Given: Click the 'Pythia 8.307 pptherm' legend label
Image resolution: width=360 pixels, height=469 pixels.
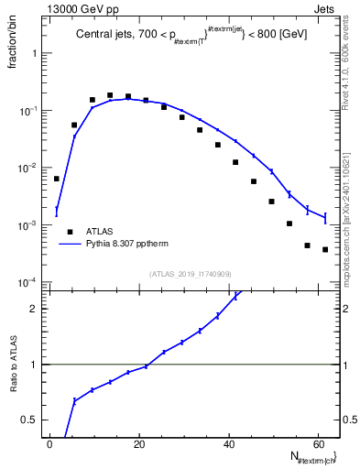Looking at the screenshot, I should (x=126, y=245).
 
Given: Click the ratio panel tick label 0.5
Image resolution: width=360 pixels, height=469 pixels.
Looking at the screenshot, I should (x=28, y=420).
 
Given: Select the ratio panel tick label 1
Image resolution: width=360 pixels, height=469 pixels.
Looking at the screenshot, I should (x=34, y=365).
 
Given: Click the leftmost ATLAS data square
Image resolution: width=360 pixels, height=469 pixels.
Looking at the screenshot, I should (x=57, y=179).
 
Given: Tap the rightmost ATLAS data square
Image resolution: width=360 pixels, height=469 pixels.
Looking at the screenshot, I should (x=325, y=250).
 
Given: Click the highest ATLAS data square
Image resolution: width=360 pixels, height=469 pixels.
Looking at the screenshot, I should (x=110, y=95).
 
